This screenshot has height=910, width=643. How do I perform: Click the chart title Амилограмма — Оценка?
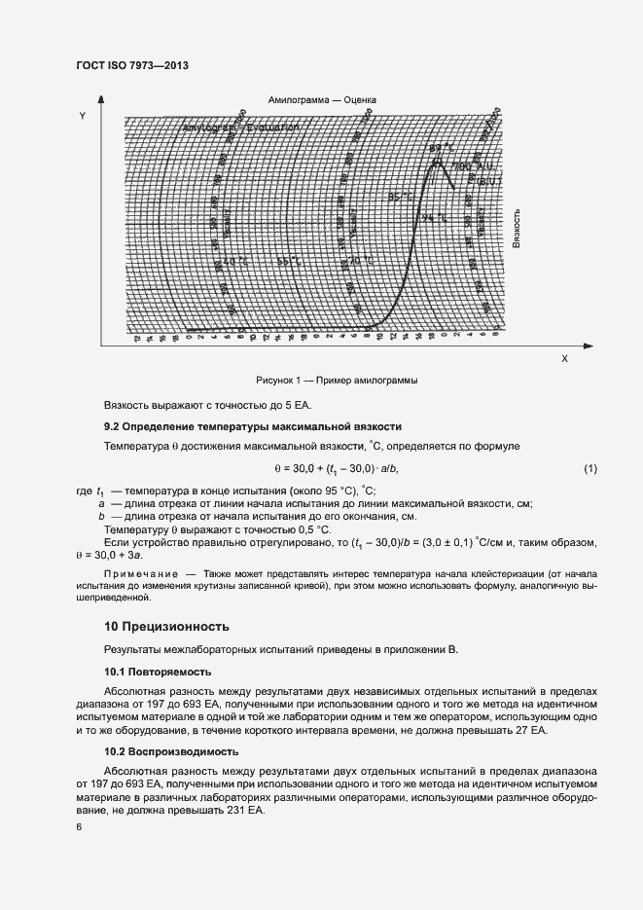(321, 100)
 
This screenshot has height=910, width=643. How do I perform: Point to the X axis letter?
(563, 359)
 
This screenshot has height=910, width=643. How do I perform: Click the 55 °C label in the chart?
(289, 261)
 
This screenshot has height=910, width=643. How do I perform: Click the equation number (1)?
(589, 469)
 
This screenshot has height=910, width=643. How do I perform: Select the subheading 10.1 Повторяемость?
(158, 672)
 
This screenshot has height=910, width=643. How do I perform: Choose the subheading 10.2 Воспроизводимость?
(166, 752)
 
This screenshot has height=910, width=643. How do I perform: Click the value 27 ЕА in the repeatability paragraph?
(532, 729)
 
